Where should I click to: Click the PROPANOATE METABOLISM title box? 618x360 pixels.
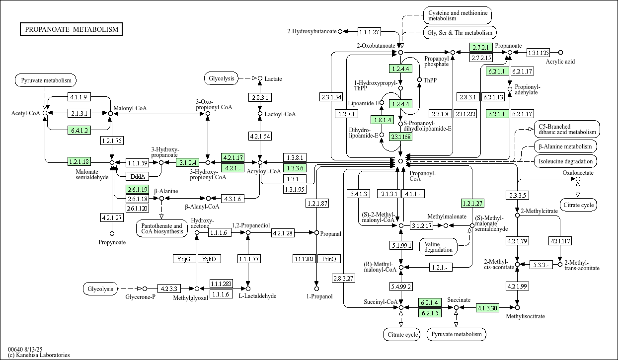[x=72, y=29]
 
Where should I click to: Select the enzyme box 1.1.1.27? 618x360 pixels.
[x=369, y=32]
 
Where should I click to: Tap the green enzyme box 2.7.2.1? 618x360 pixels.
[x=481, y=47]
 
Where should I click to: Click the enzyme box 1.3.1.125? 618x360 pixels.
[x=538, y=52]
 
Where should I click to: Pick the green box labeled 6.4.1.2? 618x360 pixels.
[x=79, y=130]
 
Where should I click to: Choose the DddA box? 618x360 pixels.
[x=136, y=176]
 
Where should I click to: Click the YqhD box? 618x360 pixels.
[x=210, y=259]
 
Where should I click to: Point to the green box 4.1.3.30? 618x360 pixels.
[x=487, y=308]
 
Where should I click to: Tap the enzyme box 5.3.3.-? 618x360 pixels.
[x=541, y=265]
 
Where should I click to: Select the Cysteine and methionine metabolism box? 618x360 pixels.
[x=457, y=15]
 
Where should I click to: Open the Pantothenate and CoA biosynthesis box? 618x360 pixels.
[x=161, y=229]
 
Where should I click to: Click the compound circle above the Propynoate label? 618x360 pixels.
[x=112, y=233]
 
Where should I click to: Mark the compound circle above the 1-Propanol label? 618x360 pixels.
[x=316, y=288]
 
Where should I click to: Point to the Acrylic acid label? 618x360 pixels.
[x=560, y=62]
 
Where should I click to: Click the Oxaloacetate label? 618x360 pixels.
[x=578, y=173]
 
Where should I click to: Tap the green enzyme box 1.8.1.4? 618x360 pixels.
[x=382, y=120]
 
